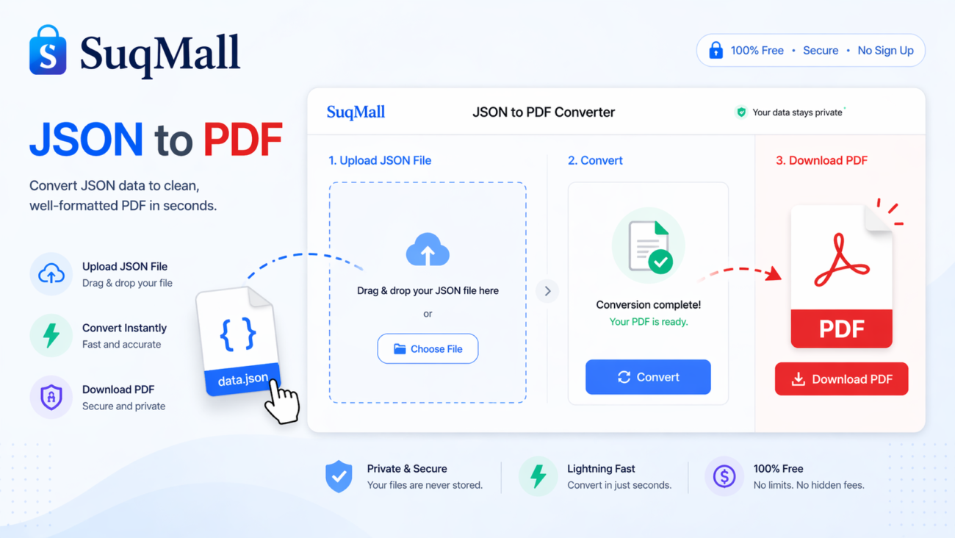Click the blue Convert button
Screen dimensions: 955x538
click(648, 377)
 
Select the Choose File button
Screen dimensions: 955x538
click(428, 349)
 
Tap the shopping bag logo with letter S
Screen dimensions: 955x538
click(48, 51)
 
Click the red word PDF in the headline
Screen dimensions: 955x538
click(242, 140)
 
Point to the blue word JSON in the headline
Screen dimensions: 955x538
click(86, 140)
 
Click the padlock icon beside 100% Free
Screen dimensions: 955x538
click(716, 51)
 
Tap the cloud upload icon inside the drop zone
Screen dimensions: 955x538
click(428, 250)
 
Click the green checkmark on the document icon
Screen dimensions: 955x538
click(660, 261)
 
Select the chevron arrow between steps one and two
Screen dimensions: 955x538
click(547, 291)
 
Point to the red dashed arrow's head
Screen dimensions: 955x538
click(774, 275)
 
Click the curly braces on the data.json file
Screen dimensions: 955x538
click(238, 334)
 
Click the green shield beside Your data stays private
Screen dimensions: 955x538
click(741, 112)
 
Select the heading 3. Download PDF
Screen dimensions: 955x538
click(821, 160)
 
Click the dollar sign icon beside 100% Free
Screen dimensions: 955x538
click(724, 476)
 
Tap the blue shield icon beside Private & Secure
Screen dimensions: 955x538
click(339, 476)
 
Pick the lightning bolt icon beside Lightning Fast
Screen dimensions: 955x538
click(538, 476)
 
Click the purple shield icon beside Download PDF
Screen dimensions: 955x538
click(51, 398)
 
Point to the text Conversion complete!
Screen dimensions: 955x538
click(648, 304)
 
